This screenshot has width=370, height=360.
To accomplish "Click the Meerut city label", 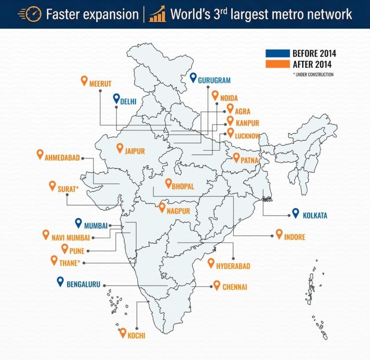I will pyautogui.click(x=100, y=84).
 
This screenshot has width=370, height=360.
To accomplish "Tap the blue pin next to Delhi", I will pyautogui.click(x=116, y=99).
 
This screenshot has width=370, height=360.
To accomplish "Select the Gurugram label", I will pyautogui.click(x=214, y=80).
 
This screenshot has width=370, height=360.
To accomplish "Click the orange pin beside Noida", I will pyautogui.click(x=214, y=95).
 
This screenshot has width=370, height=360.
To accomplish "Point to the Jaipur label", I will pyautogui.click(x=134, y=151).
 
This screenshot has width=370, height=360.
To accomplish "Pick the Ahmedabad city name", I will pyautogui.click(x=62, y=157).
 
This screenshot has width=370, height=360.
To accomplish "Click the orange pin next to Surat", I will pyautogui.click(x=53, y=186).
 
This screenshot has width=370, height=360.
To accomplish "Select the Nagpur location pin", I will pyautogui.click(x=162, y=208).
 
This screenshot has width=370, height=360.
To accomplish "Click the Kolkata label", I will pyautogui.click(x=315, y=216).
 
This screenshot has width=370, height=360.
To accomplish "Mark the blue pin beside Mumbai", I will pyautogui.click(x=79, y=223).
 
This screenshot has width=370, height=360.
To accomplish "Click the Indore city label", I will pyautogui.click(x=294, y=237).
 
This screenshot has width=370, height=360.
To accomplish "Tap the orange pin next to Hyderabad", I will pyautogui.click(x=211, y=263).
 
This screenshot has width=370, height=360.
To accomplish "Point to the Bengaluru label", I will pyautogui.click(x=82, y=284).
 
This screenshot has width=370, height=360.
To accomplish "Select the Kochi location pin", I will pyautogui.click(x=122, y=333).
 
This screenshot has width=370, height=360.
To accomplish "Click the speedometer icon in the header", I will pyautogui.click(x=29, y=13).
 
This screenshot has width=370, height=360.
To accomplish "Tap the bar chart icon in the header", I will pyautogui.click(x=157, y=13).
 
